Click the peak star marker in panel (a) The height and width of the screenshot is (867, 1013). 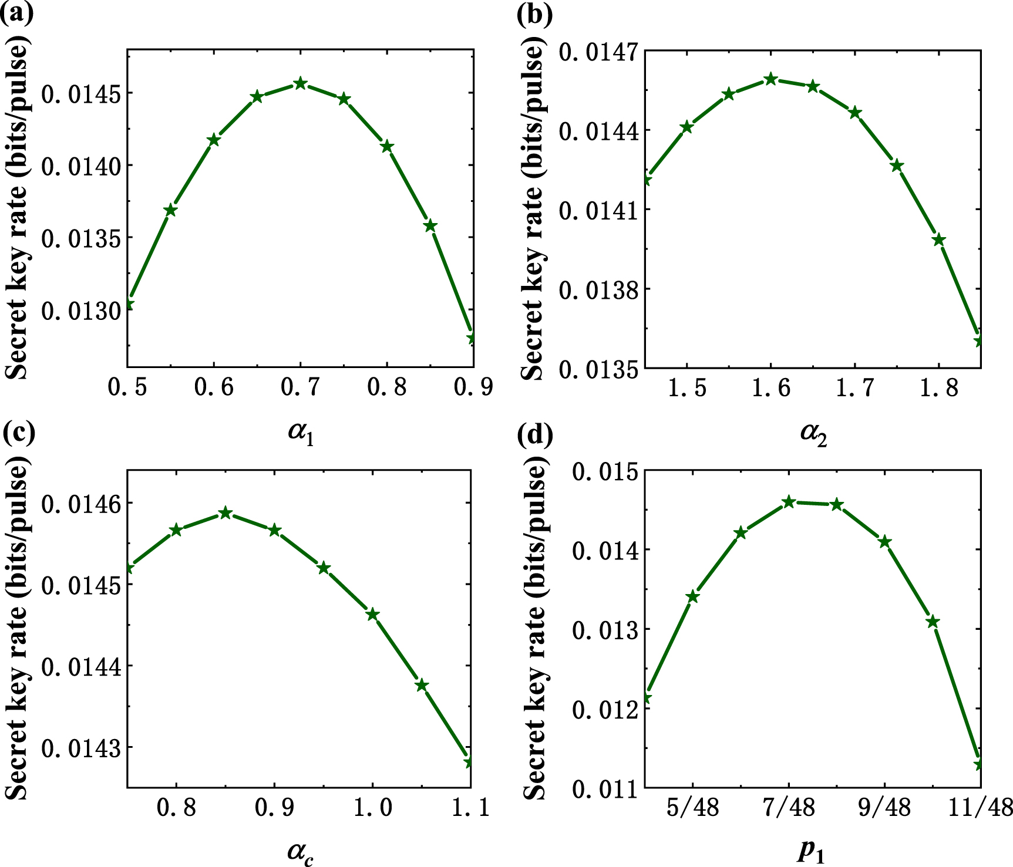click(x=300, y=83)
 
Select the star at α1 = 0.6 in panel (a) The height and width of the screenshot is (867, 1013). click(x=214, y=140)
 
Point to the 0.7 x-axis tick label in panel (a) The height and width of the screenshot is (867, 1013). click(x=300, y=387)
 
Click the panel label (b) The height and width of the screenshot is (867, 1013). click(x=535, y=14)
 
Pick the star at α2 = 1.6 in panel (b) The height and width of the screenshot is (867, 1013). click(x=771, y=79)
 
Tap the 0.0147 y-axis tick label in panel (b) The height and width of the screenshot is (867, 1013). click(x=598, y=52)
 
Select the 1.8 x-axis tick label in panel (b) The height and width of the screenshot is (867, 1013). click(x=938, y=388)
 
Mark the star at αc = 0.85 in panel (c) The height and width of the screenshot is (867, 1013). click(x=225, y=514)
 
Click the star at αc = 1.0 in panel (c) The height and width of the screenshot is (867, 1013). click(x=372, y=615)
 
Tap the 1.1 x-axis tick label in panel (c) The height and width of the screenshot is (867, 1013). click(x=470, y=807)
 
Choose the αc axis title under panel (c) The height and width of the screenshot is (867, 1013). click(x=301, y=852)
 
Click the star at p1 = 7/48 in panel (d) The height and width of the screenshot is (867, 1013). click(x=789, y=502)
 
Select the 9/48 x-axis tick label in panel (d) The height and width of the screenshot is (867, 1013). click(x=884, y=808)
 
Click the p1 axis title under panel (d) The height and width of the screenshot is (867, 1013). click(x=812, y=852)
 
